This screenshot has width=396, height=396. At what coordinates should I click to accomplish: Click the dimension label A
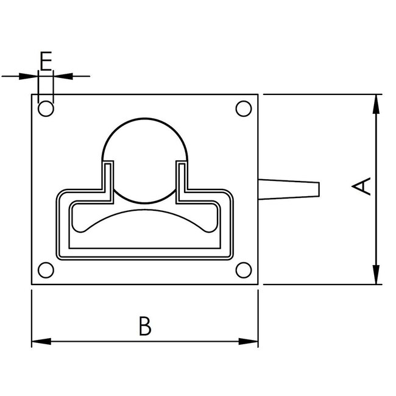point(363,186)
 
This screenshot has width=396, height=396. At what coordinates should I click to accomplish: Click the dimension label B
point(144,326)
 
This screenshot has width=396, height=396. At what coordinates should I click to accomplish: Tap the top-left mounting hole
point(46,109)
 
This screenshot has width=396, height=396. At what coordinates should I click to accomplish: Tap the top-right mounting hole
point(243,109)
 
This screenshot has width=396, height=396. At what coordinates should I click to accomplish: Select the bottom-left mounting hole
point(46,270)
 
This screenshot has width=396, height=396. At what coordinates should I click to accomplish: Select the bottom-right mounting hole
point(243,270)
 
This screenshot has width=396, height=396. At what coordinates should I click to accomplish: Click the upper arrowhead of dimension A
point(377,101)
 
